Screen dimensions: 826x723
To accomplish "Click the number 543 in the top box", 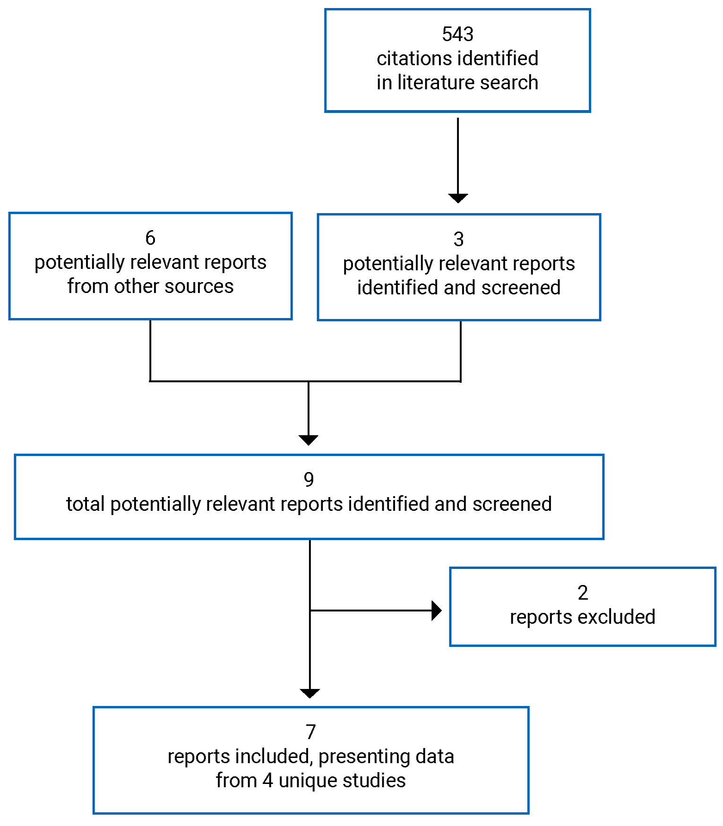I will [457, 34].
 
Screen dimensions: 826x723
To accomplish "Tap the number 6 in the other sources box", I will [150, 238].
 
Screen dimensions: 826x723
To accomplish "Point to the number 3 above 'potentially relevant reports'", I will [458, 239].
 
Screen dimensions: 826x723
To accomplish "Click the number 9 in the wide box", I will [309, 480].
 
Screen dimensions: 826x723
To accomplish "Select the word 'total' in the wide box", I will [85, 504].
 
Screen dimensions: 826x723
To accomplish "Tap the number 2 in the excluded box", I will [583, 593].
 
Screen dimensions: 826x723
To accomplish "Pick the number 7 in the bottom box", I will [310, 732].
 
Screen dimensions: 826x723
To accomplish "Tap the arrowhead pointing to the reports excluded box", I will [437, 611].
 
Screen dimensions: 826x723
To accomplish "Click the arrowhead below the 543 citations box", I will [458, 198].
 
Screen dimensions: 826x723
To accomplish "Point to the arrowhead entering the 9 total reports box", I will [309, 440].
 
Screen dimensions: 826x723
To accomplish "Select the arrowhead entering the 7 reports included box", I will [310, 693].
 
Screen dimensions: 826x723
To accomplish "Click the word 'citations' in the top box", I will [407, 59].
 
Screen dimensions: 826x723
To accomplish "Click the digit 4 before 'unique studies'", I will [268, 781].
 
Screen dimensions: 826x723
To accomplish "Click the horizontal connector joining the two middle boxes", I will [236, 381].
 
